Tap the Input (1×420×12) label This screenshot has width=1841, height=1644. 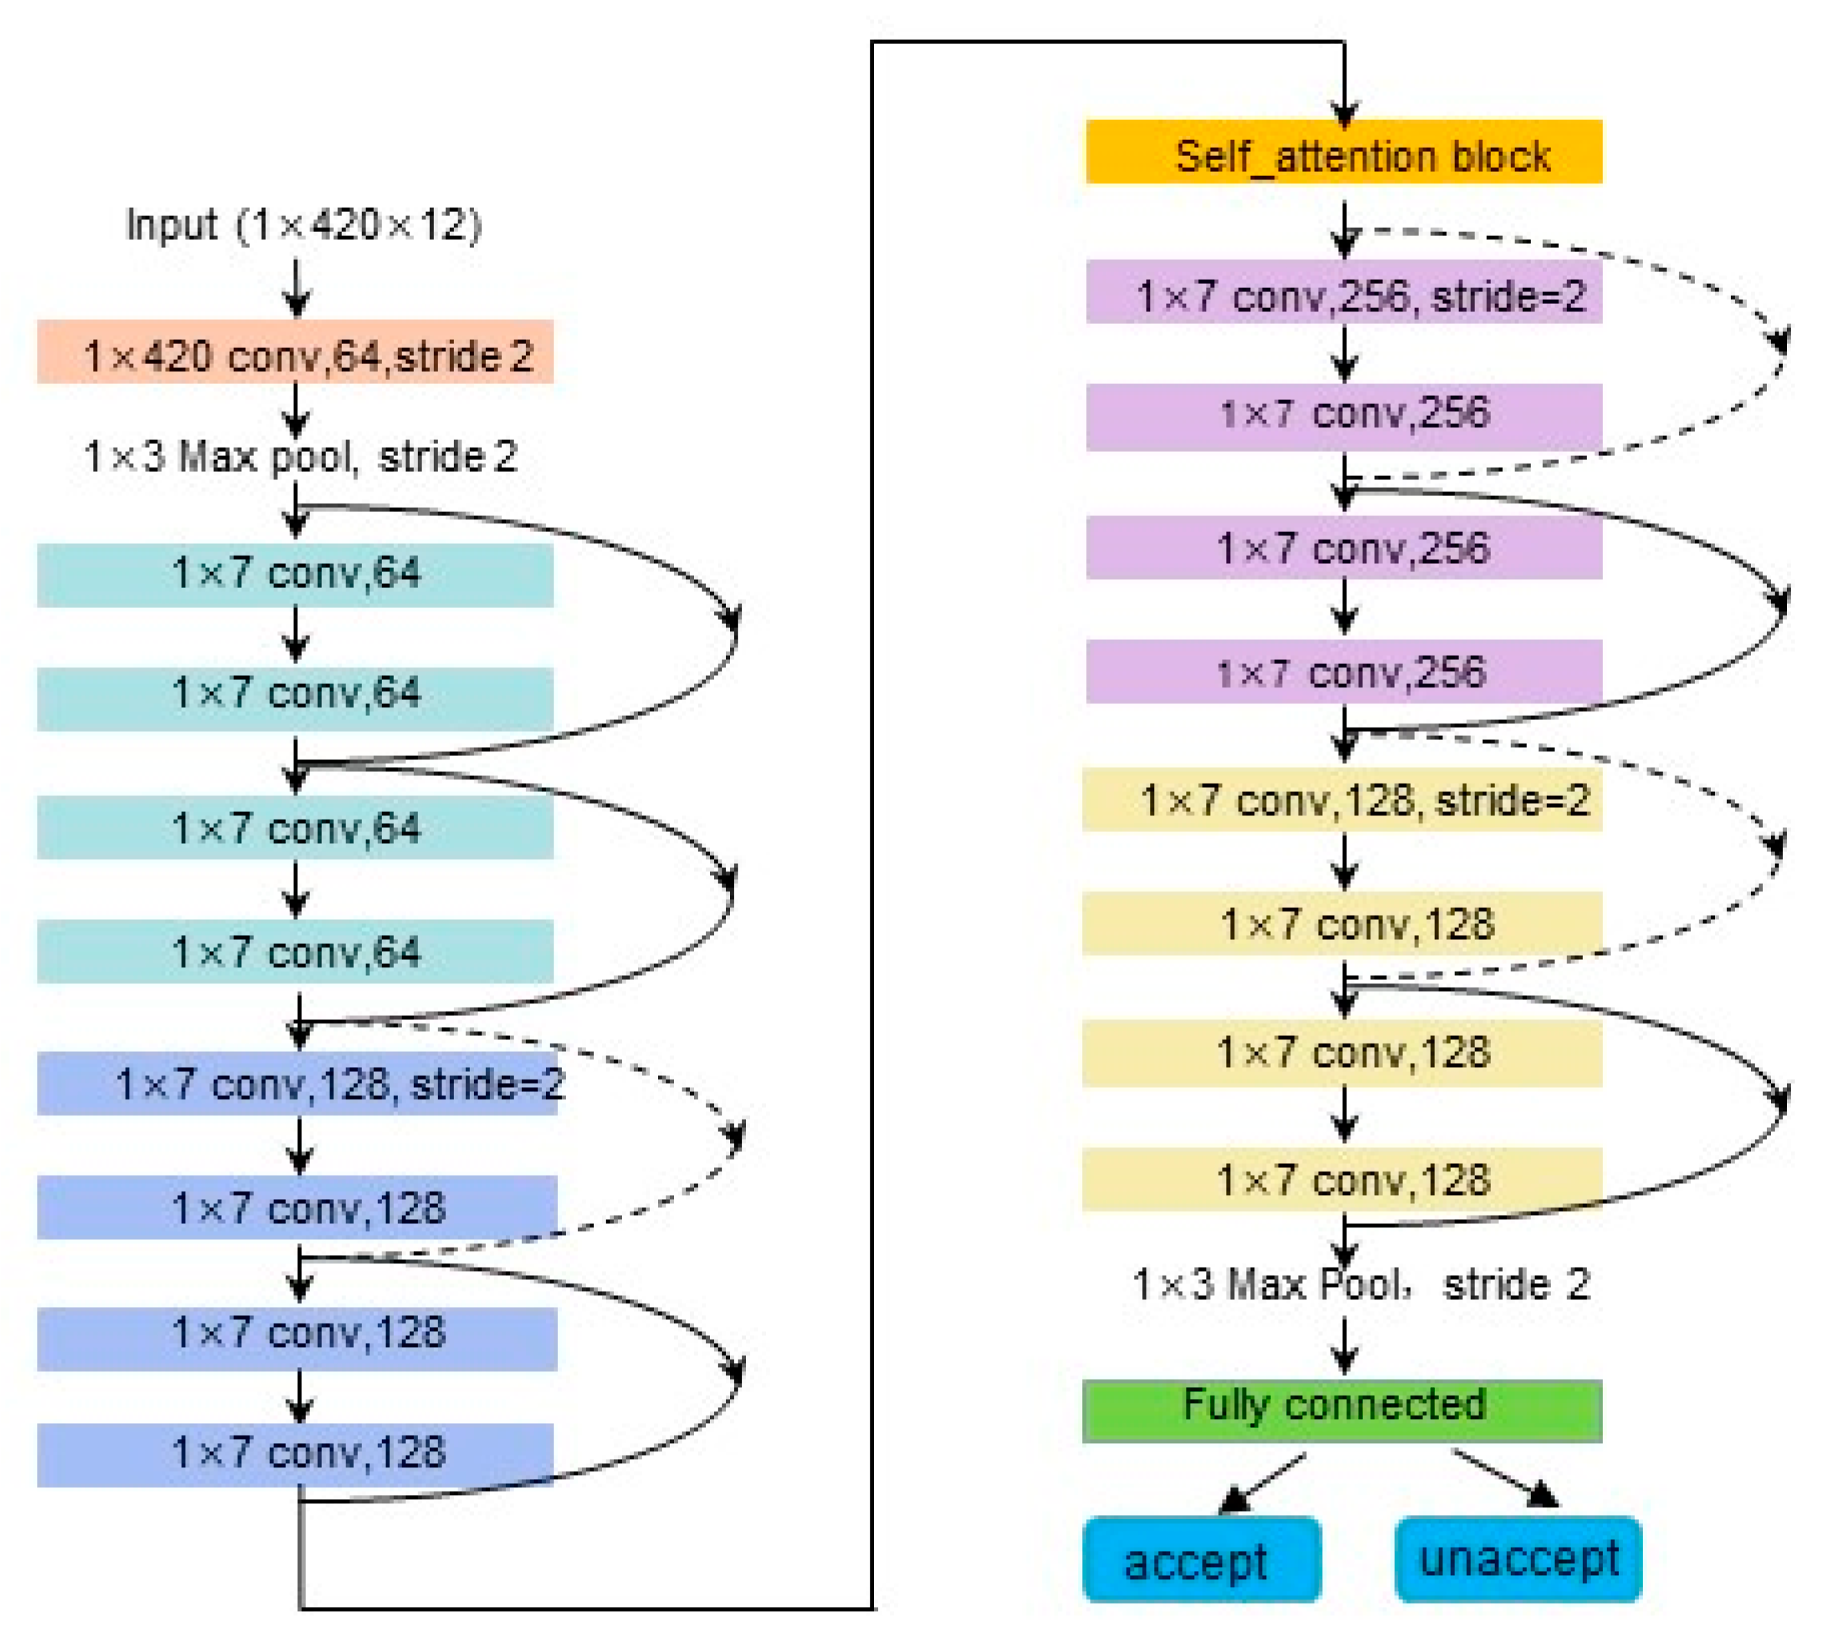[x=304, y=225]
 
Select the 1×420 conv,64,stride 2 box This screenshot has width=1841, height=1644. [x=295, y=351]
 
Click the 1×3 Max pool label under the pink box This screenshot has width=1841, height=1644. [x=300, y=456]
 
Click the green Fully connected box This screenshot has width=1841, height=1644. [x=1341, y=1410]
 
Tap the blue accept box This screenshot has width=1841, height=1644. [x=1201, y=1559]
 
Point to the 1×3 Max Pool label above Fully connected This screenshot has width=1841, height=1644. [x=1359, y=1284]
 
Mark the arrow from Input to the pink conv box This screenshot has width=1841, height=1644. [x=296, y=287]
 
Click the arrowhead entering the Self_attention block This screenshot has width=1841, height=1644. [x=1343, y=113]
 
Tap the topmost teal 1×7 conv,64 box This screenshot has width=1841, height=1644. [x=295, y=574]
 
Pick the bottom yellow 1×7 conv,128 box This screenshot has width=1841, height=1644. [x=1341, y=1179]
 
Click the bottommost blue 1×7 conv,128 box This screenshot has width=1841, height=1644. [x=295, y=1453]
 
